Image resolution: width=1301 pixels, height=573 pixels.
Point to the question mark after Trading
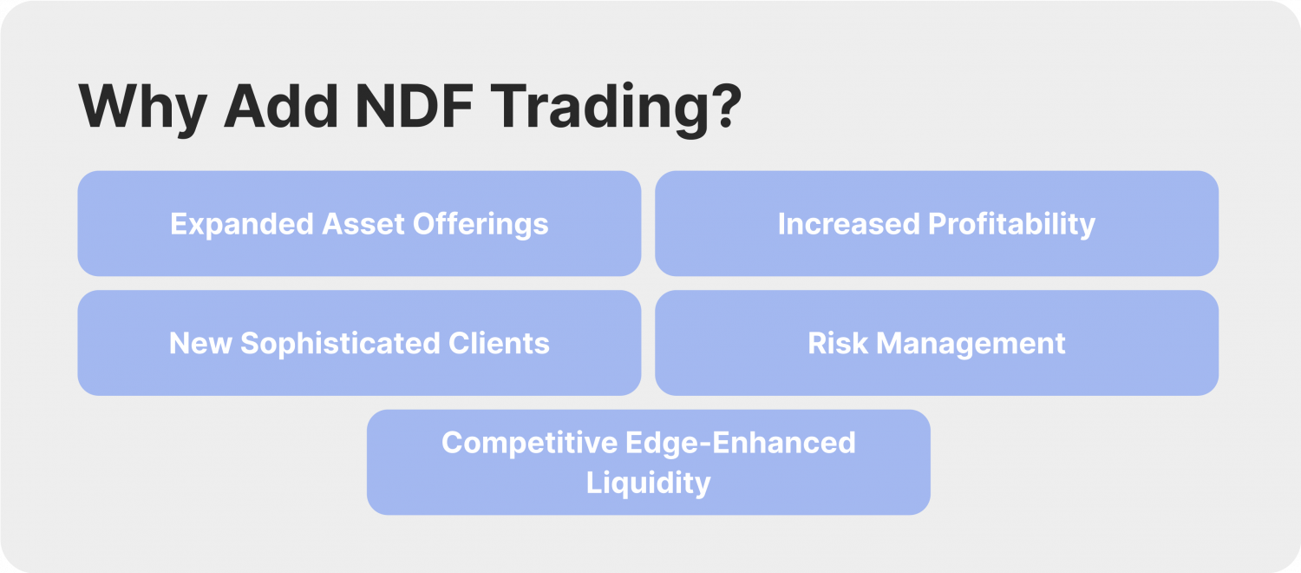point(722,107)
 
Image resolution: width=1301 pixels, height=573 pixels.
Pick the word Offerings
point(479,224)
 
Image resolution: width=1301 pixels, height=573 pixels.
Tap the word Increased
point(848,224)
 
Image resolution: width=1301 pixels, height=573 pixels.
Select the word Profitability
point(1011,224)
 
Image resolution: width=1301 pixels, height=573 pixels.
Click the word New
point(200,343)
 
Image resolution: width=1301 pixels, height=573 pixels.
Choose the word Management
point(971,343)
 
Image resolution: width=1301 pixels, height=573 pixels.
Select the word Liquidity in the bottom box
point(648,483)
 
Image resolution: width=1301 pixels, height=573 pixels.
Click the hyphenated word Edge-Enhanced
point(740,443)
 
